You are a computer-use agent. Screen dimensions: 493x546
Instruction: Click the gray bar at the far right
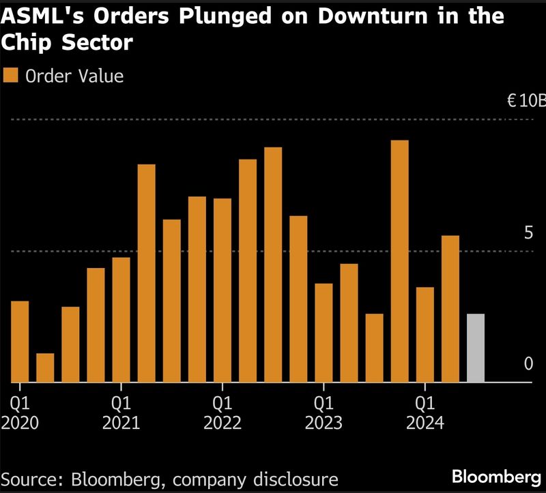click(x=476, y=348)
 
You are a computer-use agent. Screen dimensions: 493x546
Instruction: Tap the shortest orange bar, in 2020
click(x=45, y=368)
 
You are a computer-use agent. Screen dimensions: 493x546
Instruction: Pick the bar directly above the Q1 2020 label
click(x=20, y=341)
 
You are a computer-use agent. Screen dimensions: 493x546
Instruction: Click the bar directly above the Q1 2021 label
click(x=121, y=319)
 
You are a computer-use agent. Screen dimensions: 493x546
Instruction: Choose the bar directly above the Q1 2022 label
click(x=222, y=290)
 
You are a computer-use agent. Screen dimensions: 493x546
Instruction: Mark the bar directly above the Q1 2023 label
click(x=324, y=332)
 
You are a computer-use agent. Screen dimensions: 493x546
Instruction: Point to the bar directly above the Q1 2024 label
click(x=425, y=334)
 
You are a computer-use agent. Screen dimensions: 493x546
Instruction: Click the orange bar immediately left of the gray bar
click(x=450, y=308)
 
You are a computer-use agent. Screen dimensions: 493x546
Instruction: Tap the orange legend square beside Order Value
click(x=11, y=76)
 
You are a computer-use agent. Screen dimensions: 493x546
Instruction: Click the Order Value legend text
click(x=74, y=76)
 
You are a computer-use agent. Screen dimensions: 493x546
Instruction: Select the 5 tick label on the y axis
click(x=528, y=233)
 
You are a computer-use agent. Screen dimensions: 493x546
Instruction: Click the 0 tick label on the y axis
click(x=528, y=364)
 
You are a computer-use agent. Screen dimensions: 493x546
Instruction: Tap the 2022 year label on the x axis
click(x=222, y=423)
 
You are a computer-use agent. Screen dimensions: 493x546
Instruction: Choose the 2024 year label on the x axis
click(x=425, y=423)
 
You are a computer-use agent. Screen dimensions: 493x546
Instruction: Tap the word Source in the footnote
click(x=31, y=477)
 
